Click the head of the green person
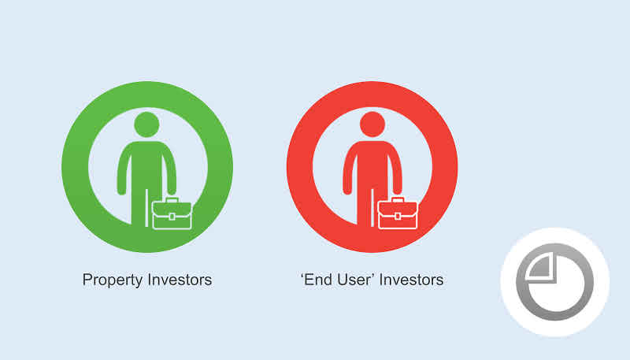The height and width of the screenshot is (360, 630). (x=146, y=124)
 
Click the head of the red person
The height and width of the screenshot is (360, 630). (x=372, y=124)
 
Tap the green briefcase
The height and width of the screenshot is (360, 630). (x=172, y=213)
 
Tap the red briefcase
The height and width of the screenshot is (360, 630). (x=398, y=213)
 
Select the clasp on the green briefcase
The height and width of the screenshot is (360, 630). (x=172, y=217)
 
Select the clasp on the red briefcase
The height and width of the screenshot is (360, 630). (x=398, y=217)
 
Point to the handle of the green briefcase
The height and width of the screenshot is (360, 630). (x=172, y=199)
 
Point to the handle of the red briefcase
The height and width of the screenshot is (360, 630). (x=398, y=199)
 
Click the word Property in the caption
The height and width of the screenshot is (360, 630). (x=113, y=280)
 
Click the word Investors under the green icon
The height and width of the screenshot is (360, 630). (x=180, y=280)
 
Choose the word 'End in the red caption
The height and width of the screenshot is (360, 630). (x=317, y=280)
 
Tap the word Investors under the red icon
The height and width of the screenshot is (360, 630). (x=411, y=280)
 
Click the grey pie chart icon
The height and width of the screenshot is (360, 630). (x=555, y=282)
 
